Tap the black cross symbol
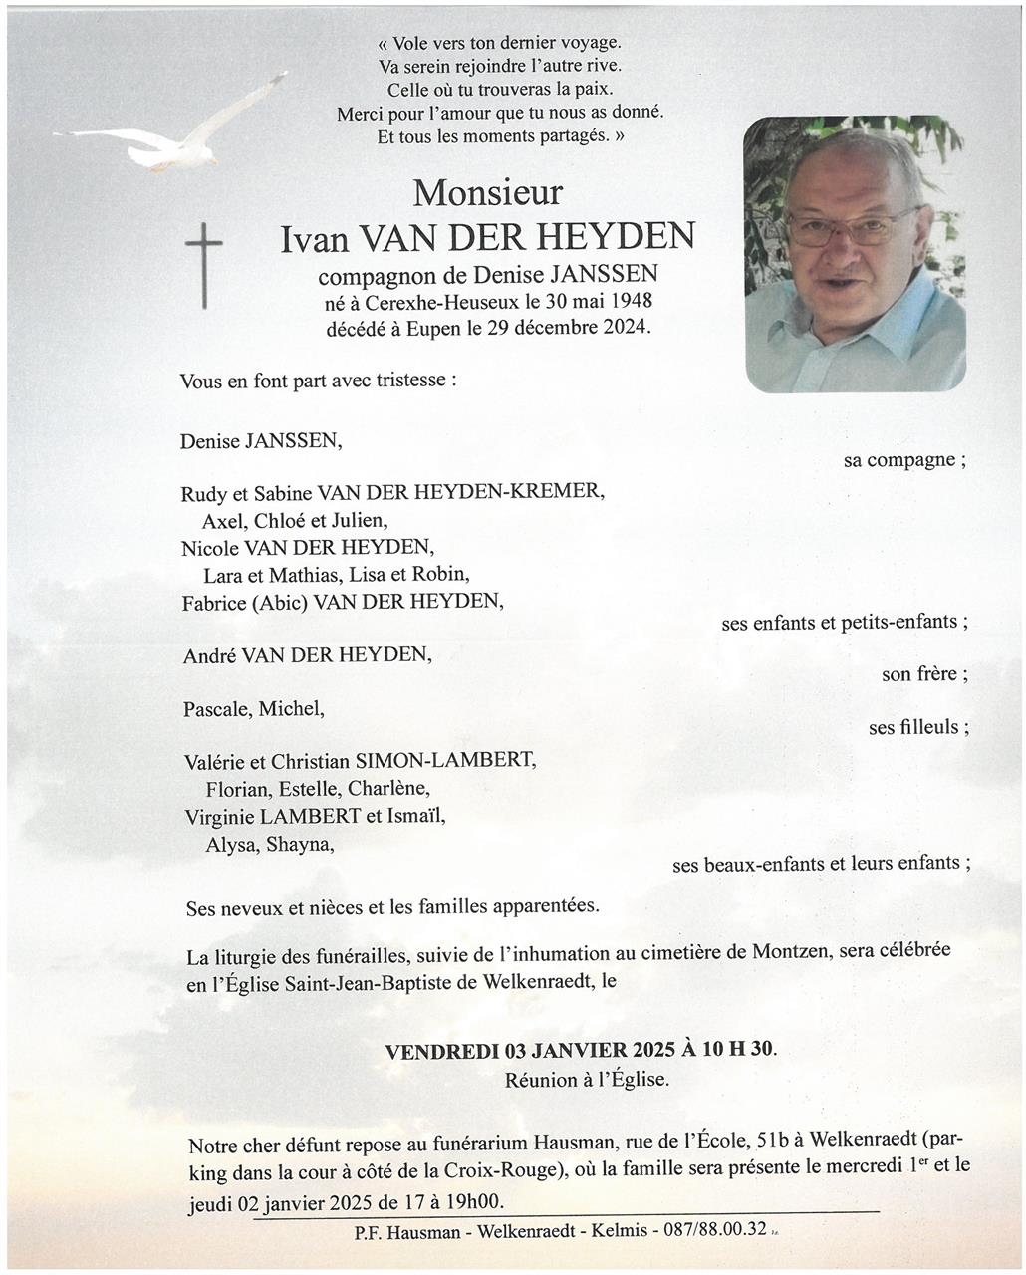click(x=204, y=264)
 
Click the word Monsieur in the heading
click(x=488, y=191)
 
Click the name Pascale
click(x=217, y=709)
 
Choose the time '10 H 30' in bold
click(x=736, y=1050)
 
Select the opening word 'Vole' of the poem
click(x=412, y=44)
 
